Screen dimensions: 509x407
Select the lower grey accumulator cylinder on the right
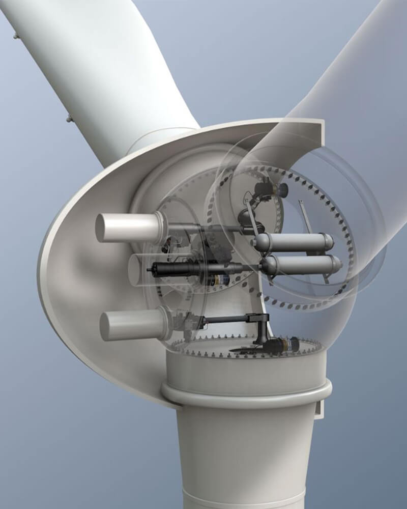(x=300, y=265)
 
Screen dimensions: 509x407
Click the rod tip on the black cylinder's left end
(x=149, y=269)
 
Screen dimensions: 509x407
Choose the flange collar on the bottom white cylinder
(x=166, y=323)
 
